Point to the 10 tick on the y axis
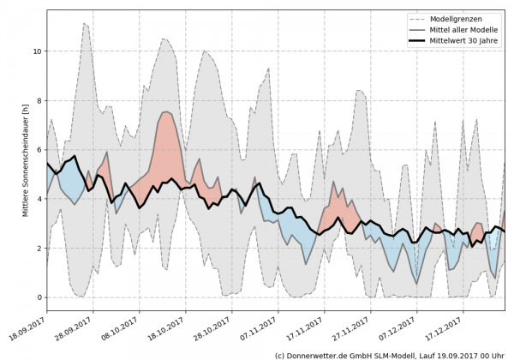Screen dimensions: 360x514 click(35, 51)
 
